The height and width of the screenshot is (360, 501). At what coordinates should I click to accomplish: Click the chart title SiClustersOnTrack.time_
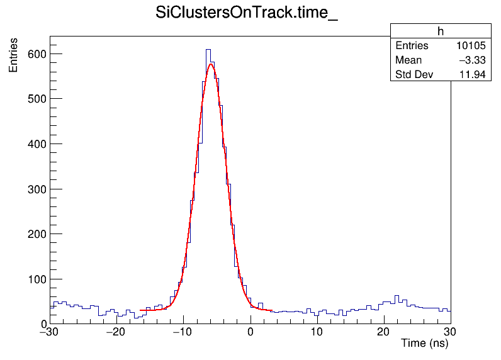247,14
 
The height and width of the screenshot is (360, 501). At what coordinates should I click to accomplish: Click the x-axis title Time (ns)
424,344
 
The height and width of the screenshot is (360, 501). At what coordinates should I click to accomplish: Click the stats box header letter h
441,32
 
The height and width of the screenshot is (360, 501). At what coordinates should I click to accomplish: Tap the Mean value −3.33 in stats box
472,60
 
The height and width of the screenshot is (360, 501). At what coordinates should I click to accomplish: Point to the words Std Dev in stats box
414,75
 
